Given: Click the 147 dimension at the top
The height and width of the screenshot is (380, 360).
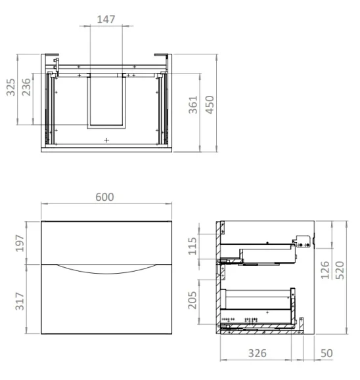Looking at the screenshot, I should [106, 19].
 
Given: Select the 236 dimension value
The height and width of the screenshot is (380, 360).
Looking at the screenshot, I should [27, 88].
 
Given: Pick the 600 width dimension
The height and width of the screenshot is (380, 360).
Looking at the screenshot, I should [105, 197].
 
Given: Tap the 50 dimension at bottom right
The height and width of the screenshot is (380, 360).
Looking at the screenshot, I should [327, 353].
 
